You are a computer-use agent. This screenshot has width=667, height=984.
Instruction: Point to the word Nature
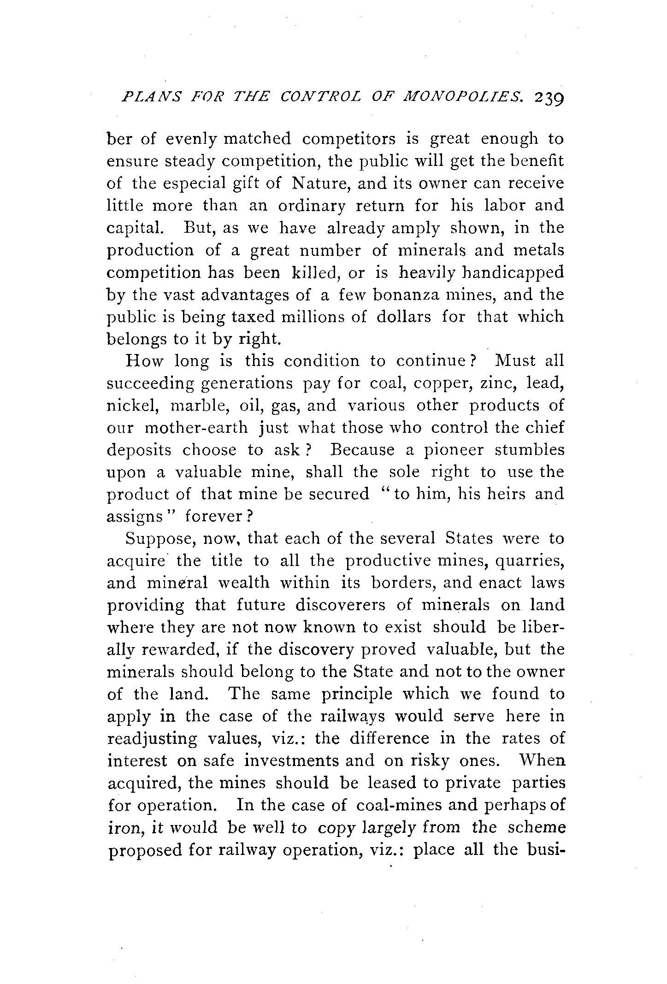tap(318, 183)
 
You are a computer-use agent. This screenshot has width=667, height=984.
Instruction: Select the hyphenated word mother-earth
tap(196, 428)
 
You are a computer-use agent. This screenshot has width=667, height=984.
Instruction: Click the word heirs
tap(503, 494)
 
